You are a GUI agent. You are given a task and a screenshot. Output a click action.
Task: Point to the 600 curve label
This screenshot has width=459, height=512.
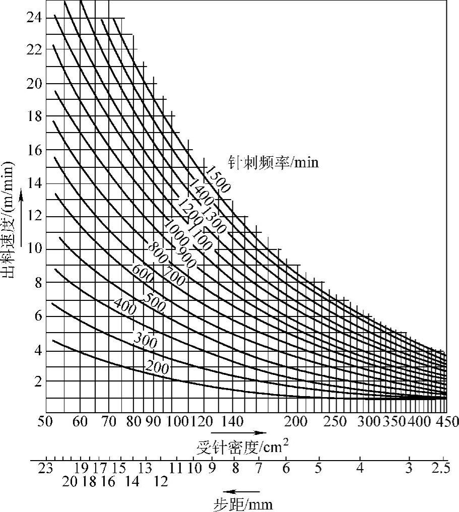pos(143,270)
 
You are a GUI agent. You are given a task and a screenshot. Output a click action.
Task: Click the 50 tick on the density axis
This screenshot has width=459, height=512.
pos(49,421)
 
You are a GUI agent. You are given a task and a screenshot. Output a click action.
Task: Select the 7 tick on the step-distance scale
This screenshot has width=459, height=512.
pos(258,467)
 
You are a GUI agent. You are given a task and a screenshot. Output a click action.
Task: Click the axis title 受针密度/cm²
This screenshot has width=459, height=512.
pos(242,446)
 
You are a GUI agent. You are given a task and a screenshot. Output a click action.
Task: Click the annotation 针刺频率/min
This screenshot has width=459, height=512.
pos(274,163)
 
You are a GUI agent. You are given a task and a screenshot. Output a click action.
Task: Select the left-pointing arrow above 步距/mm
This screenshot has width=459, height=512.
pos(242,491)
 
